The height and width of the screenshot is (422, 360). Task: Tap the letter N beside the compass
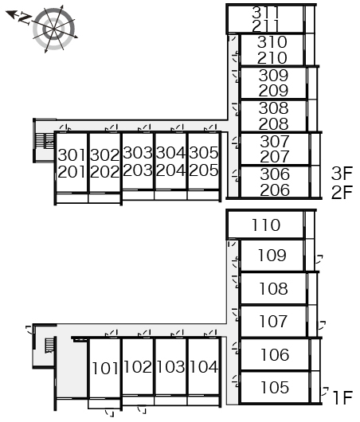tap(25, 19)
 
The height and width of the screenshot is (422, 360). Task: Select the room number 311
tap(266, 13)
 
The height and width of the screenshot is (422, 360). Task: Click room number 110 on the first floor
tap(266, 225)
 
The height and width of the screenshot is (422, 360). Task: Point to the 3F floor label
tap(342, 174)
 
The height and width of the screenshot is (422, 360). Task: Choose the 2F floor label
tap(342, 192)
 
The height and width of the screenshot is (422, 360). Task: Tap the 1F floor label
tap(342, 397)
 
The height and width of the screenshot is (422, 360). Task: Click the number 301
tap(72, 155)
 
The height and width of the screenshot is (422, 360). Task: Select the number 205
tap(204, 170)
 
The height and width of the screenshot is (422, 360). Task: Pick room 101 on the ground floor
tap(105, 368)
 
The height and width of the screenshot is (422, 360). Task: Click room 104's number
tap(204, 366)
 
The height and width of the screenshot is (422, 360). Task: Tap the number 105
tap(275, 387)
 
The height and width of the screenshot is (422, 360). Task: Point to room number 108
tap(273, 288)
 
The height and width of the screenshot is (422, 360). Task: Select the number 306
tap(275, 174)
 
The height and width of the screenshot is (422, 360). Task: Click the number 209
tap(273, 91)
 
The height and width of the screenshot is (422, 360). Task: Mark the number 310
tap(272, 42)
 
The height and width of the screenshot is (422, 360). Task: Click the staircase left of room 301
tap(45, 140)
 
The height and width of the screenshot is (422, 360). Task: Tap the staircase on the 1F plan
tap(49, 346)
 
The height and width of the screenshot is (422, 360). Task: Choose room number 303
tap(138, 153)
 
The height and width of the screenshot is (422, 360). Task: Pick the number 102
tap(138, 366)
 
